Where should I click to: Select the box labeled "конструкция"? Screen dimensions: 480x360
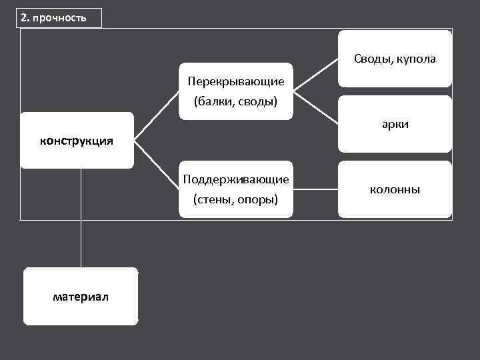77,141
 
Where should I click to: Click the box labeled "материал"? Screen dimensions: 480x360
81,297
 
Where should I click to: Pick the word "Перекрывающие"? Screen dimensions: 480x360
236,81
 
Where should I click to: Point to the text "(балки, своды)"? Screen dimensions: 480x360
235,102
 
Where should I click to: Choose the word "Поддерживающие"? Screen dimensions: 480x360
236,179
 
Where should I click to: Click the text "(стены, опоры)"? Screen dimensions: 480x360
235,199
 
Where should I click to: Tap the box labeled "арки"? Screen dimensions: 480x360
395,125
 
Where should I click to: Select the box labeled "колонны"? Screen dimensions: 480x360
395,190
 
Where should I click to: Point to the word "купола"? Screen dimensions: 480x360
417,59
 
